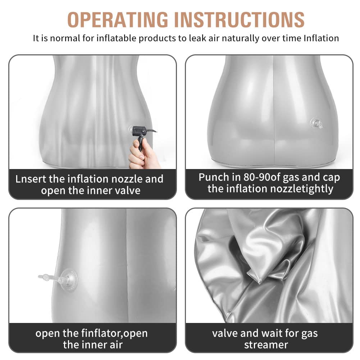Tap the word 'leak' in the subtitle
click(198, 38)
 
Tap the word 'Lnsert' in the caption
click(31, 179)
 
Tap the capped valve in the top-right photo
click(316, 123)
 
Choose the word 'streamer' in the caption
click(266, 345)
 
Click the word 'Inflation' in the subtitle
click(321, 38)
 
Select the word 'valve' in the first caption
click(128, 191)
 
